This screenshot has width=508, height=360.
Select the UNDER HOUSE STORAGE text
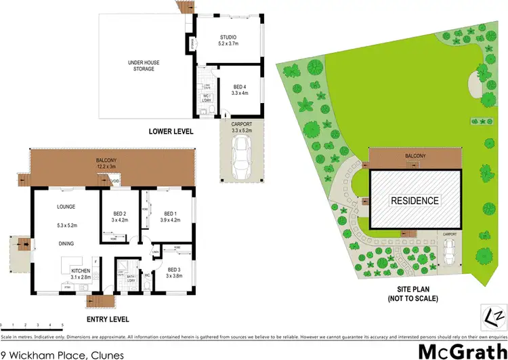142,65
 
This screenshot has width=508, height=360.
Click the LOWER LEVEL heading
171,131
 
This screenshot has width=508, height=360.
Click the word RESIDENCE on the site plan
415,201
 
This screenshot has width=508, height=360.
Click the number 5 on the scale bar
62,325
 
